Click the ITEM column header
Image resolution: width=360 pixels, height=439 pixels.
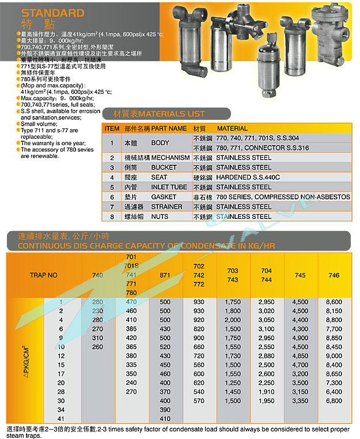(x=112, y=128)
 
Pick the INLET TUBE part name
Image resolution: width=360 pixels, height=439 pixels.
(x=169, y=187)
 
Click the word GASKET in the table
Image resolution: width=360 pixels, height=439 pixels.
(x=164, y=196)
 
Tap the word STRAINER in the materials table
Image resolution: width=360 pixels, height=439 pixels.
(x=166, y=206)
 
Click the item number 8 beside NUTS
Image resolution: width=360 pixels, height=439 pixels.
(x=112, y=216)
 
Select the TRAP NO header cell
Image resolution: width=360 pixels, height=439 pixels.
(x=44, y=275)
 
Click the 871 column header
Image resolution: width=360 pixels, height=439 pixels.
(x=165, y=275)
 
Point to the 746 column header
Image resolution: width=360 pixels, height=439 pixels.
(x=334, y=275)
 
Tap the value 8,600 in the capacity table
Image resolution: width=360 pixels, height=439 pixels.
(x=334, y=302)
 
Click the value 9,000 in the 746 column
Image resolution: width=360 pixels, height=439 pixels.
(x=334, y=356)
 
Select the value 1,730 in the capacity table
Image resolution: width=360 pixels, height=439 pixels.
(x=233, y=356)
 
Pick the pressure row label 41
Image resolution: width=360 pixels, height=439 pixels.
(x=61, y=419)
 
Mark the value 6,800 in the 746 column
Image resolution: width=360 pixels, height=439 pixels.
(x=334, y=401)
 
